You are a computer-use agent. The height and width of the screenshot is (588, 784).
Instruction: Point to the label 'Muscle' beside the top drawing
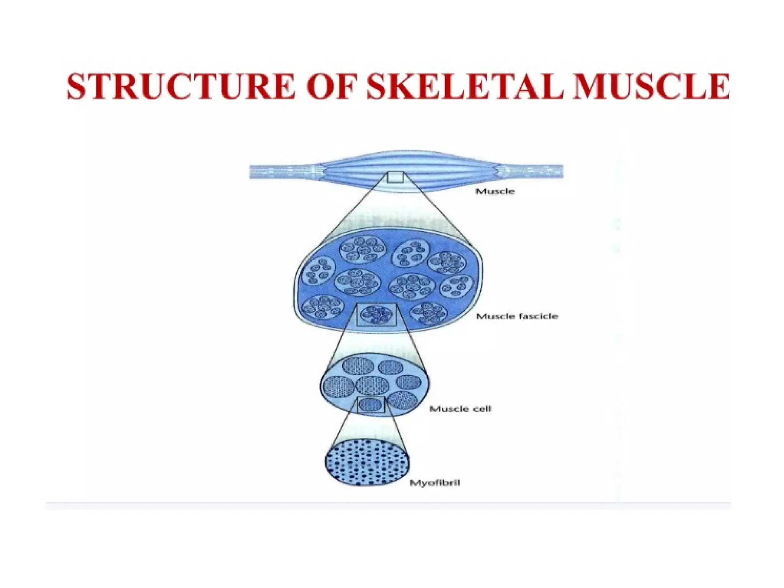(x=495, y=191)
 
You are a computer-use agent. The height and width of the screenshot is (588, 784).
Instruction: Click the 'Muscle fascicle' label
(x=517, y=316)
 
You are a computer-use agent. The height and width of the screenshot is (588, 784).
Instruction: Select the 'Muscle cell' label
(x=460, y=409)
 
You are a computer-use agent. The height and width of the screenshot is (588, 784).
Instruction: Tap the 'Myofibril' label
(x=435, y=483)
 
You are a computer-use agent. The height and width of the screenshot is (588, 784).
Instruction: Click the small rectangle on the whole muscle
(x=395, y=177)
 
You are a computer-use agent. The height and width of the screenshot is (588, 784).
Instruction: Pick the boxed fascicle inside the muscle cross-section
(x=376, y=315)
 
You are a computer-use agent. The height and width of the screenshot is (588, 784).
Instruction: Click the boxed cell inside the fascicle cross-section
(x=371, y=405)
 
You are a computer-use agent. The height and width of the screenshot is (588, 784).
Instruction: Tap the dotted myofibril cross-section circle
(x=367, y=462)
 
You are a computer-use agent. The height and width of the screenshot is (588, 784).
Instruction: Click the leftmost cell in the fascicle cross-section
(x=338, y=387)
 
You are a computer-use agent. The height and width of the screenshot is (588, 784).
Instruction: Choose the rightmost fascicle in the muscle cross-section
(x=457, y=287)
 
